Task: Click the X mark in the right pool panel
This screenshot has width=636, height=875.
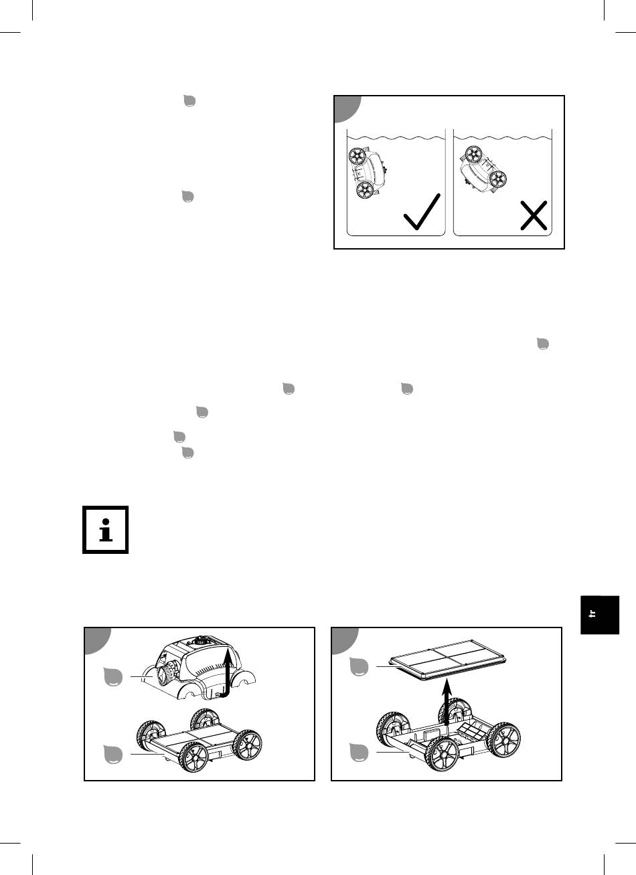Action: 534,215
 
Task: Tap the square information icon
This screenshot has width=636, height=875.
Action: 106,529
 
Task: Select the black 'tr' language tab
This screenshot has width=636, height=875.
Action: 600,615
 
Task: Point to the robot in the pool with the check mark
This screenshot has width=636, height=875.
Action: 367,173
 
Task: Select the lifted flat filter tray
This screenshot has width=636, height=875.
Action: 449,660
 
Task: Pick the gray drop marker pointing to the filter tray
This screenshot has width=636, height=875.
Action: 359,666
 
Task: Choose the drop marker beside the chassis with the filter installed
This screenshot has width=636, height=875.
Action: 113,754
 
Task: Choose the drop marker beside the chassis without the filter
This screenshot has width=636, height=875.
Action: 359,752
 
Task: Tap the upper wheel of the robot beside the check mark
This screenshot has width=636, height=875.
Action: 357,157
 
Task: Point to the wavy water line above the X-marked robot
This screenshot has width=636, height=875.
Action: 503,138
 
